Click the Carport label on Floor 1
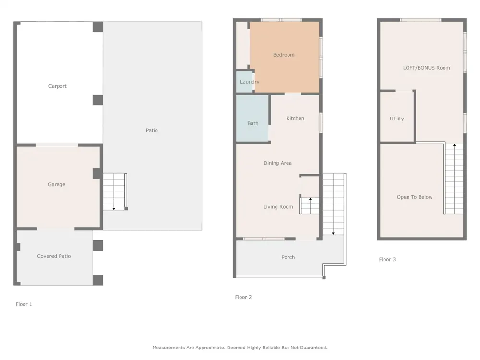tap(57, 86)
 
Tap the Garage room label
tap(57, 184)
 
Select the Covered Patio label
tap(54, 256)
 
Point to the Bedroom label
tap(284, 55)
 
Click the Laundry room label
tap(250, 82)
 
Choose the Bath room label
tap(253, 123)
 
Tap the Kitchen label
tap(295, 118)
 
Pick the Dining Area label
tap(277, 163)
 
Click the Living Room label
tap(278, 207)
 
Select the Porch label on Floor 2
tap(288, 257)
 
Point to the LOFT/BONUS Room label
tap(426, 68)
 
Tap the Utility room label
tap(397, 119)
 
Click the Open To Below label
tap(415, 197)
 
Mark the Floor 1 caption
tap(24, 304)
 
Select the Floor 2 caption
tap(243, 297)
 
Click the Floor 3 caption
tap(387, 259)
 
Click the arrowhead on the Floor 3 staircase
tap(454, 145)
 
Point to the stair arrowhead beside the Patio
tap(114, 209)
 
